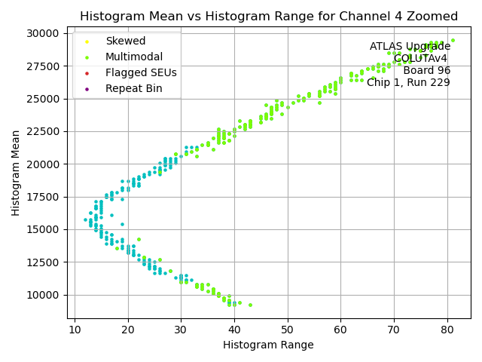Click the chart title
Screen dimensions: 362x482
(269, 17)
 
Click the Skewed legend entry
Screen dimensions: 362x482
(125, 41)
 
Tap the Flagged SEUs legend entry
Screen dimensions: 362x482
(141, 73)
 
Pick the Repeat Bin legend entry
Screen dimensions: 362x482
(133, 89)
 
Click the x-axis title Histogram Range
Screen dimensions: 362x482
(268, 345)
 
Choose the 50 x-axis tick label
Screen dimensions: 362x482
(288, 330)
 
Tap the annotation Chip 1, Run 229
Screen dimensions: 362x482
(408, 83)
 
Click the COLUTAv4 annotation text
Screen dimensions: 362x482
(422, 59)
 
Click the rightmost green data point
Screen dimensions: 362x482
(453, 41)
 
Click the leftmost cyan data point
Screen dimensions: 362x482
(85, 220)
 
